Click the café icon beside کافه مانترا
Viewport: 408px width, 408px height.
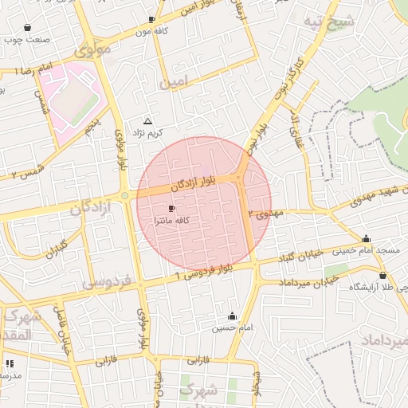tap(172, 207)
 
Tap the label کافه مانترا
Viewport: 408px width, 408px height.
tap(171, 219)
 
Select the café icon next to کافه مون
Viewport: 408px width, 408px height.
tap(151, 19)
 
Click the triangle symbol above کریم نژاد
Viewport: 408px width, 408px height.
tap(147, 120)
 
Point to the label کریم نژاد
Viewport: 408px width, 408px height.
tap(147, 131)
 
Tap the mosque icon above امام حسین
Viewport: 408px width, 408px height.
tap(232, 316)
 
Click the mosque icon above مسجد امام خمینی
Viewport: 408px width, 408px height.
tap(366, 239)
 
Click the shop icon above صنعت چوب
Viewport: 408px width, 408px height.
tap(28, 27)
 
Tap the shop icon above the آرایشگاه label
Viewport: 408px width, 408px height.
tap(383, 275)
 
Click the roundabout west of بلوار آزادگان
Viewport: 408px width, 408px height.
tap(124, 196)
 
